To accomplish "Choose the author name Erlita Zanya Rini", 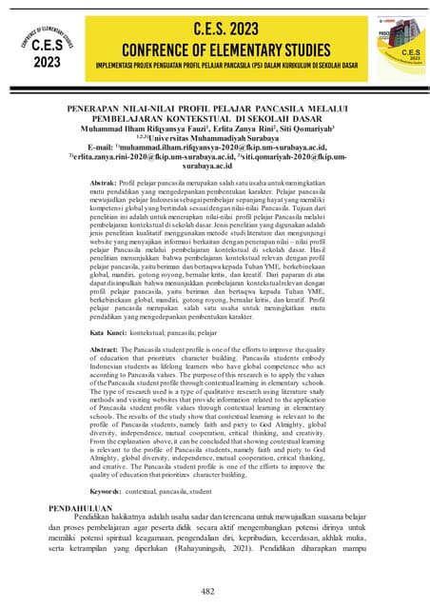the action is click(x=247, y=130).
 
